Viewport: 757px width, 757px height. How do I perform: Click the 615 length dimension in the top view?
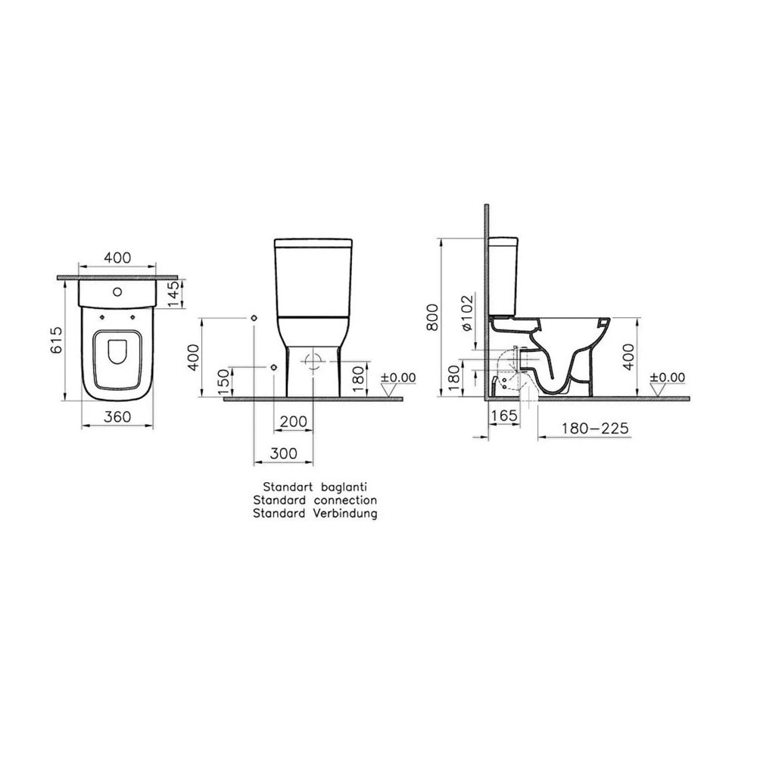pos(57,340)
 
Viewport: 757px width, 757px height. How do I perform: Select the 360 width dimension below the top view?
pos(117,416)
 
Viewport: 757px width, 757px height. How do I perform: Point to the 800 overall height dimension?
pos(432,317)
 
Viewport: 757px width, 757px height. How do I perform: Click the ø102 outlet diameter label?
pos(467,313)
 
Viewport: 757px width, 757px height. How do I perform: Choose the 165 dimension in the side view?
pos(504,415)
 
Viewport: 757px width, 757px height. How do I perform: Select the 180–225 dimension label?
pos(595,428)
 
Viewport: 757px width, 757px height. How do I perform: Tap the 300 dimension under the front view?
pos(283,453)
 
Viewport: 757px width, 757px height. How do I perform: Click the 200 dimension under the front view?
pos(293,422)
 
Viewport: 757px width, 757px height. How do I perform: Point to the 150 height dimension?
pos(223,382)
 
